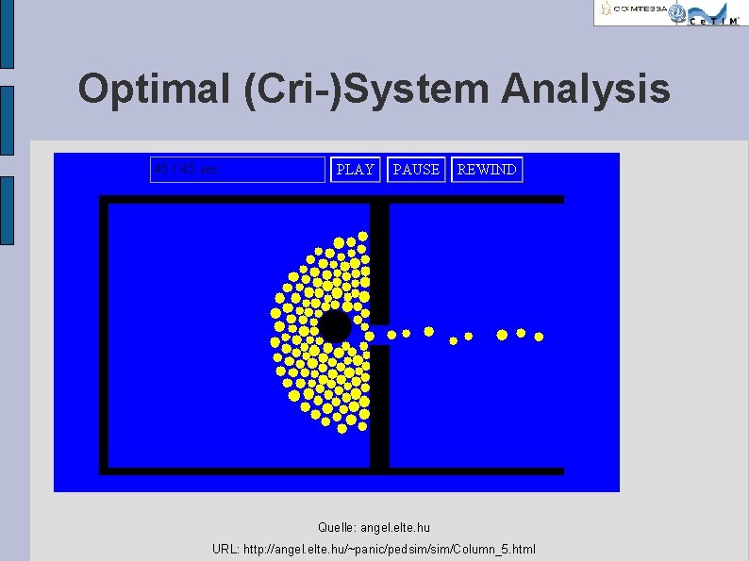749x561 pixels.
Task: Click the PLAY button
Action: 355,170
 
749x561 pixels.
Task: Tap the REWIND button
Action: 487,170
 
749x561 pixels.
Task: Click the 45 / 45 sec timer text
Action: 187,170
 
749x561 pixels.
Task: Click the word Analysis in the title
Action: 586,90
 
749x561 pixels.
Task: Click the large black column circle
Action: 334,327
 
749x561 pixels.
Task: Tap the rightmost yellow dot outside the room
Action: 539,336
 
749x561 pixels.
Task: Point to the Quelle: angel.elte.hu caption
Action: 374,528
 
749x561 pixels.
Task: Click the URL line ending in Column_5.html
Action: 374,549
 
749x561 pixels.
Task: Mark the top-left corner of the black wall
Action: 105,200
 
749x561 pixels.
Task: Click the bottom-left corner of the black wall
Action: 105,469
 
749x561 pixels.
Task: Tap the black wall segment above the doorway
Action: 379,264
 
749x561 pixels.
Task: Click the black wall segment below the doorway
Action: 379,405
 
